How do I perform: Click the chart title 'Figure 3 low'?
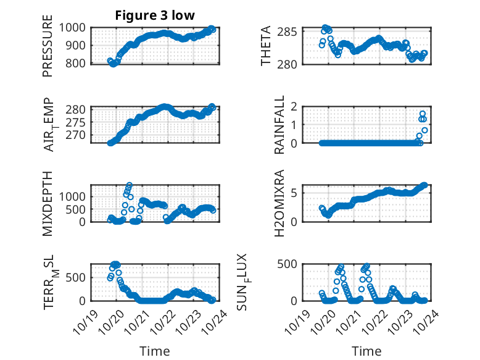[x=155, y=15]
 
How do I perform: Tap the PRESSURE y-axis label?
[x=48, y=46]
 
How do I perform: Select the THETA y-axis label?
[x=266, y=46]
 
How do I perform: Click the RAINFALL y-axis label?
[x=279, y=125]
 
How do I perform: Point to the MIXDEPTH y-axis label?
[x=48, y=203]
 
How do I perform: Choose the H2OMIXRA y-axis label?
[x=279, y=203]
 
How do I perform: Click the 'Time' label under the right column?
[x=366, y=351]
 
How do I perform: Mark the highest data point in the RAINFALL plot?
[x=423, y=114]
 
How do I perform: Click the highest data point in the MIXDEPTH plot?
[x=130, y=185]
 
